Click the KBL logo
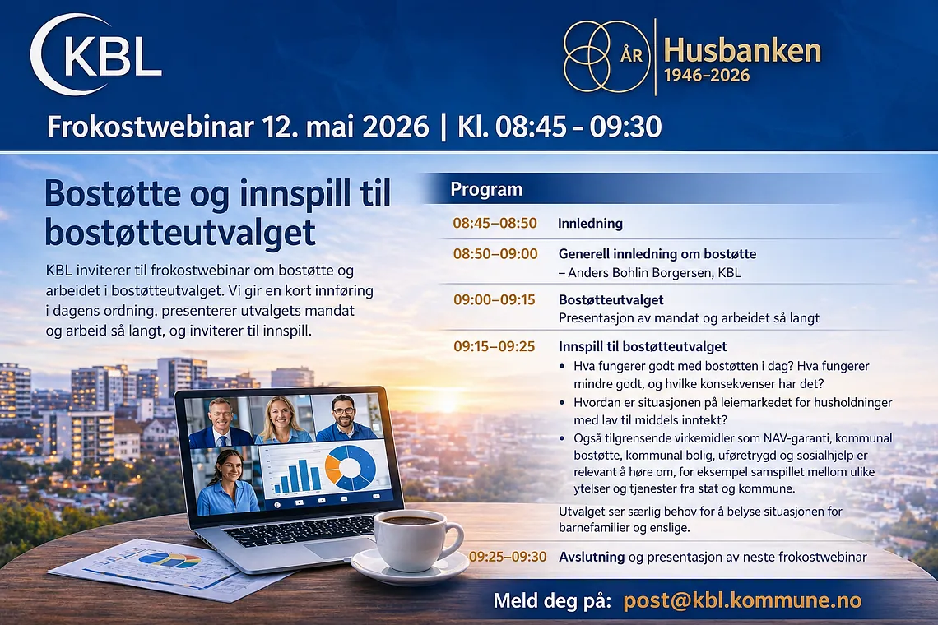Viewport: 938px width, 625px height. coord(95,55)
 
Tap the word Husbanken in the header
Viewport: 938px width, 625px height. coord(742,51)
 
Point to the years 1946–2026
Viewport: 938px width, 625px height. coord(707,76)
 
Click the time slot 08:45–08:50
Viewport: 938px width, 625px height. coord(495,223)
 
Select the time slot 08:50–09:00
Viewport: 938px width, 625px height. coord(495,253)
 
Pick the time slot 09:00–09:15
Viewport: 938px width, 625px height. coord(495,299)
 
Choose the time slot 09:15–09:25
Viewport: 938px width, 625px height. coord(495,346)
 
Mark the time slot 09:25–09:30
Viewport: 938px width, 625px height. coord(508,557)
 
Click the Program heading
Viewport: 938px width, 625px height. coord(486,190)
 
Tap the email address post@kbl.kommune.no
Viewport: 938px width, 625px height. coord(742,600)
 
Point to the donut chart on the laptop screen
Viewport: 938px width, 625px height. coord(351,467)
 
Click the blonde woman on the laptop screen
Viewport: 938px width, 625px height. coord(281,420)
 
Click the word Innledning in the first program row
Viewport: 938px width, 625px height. coord(591,223)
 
